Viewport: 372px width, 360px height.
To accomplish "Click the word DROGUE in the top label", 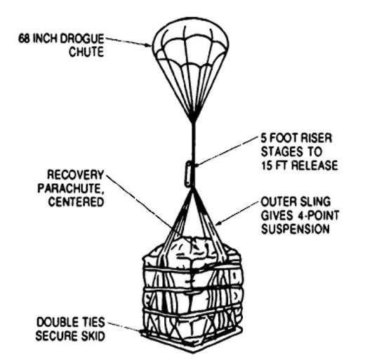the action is (82, 39).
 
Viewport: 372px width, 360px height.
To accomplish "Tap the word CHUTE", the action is (86, 52).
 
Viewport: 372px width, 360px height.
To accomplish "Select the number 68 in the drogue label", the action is (24, 39).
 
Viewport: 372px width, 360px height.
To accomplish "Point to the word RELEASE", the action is (314, 166).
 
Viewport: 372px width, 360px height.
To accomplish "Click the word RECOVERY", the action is (76, 175).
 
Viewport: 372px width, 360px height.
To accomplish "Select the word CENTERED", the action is (77, 202).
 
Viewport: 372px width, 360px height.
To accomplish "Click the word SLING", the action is (315, 202).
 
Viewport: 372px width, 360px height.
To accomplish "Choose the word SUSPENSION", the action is (295, 229).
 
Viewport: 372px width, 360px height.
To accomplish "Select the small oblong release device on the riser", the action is (189, 174).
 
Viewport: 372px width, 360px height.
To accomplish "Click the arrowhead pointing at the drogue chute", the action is (148, 45).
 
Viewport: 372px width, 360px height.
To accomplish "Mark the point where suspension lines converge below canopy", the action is (193, 121).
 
